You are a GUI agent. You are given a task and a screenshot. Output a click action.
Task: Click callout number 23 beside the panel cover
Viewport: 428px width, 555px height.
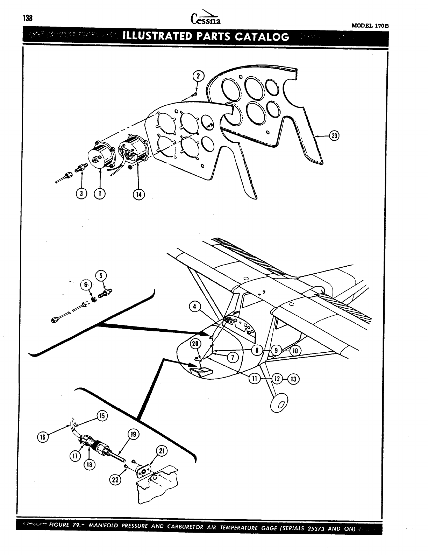(x=334, y=136)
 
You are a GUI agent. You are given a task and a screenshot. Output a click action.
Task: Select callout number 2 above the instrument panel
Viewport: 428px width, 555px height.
(x=198, y=76)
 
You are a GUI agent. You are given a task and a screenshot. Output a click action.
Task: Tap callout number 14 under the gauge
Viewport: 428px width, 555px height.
(x=138, y=194)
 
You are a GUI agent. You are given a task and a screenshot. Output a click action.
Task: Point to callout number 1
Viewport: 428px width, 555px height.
(x=100, y=194)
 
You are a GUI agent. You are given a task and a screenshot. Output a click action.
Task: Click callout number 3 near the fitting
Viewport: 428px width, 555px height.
(x=81, y=194)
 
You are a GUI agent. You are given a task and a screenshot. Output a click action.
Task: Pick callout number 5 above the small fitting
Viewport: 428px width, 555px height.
(x=102, y=276)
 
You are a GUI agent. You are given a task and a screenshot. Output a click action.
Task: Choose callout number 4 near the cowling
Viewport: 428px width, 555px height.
(x=194, y=307)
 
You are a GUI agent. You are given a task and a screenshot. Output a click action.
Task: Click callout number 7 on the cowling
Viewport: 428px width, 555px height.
(x=233, y=357)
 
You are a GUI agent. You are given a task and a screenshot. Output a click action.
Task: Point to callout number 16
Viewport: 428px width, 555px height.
(x=43, y=437)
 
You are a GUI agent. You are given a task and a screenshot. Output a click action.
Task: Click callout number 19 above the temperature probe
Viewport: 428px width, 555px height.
(x=134, y=435)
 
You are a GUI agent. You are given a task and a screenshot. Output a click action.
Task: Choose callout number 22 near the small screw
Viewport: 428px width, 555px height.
(x=115, y=480)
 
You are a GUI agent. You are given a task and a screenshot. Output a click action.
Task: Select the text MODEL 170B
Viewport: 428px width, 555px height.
(x=370, y=26)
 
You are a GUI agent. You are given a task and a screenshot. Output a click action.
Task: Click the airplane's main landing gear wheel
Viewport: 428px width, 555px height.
(x=280, y=403)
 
